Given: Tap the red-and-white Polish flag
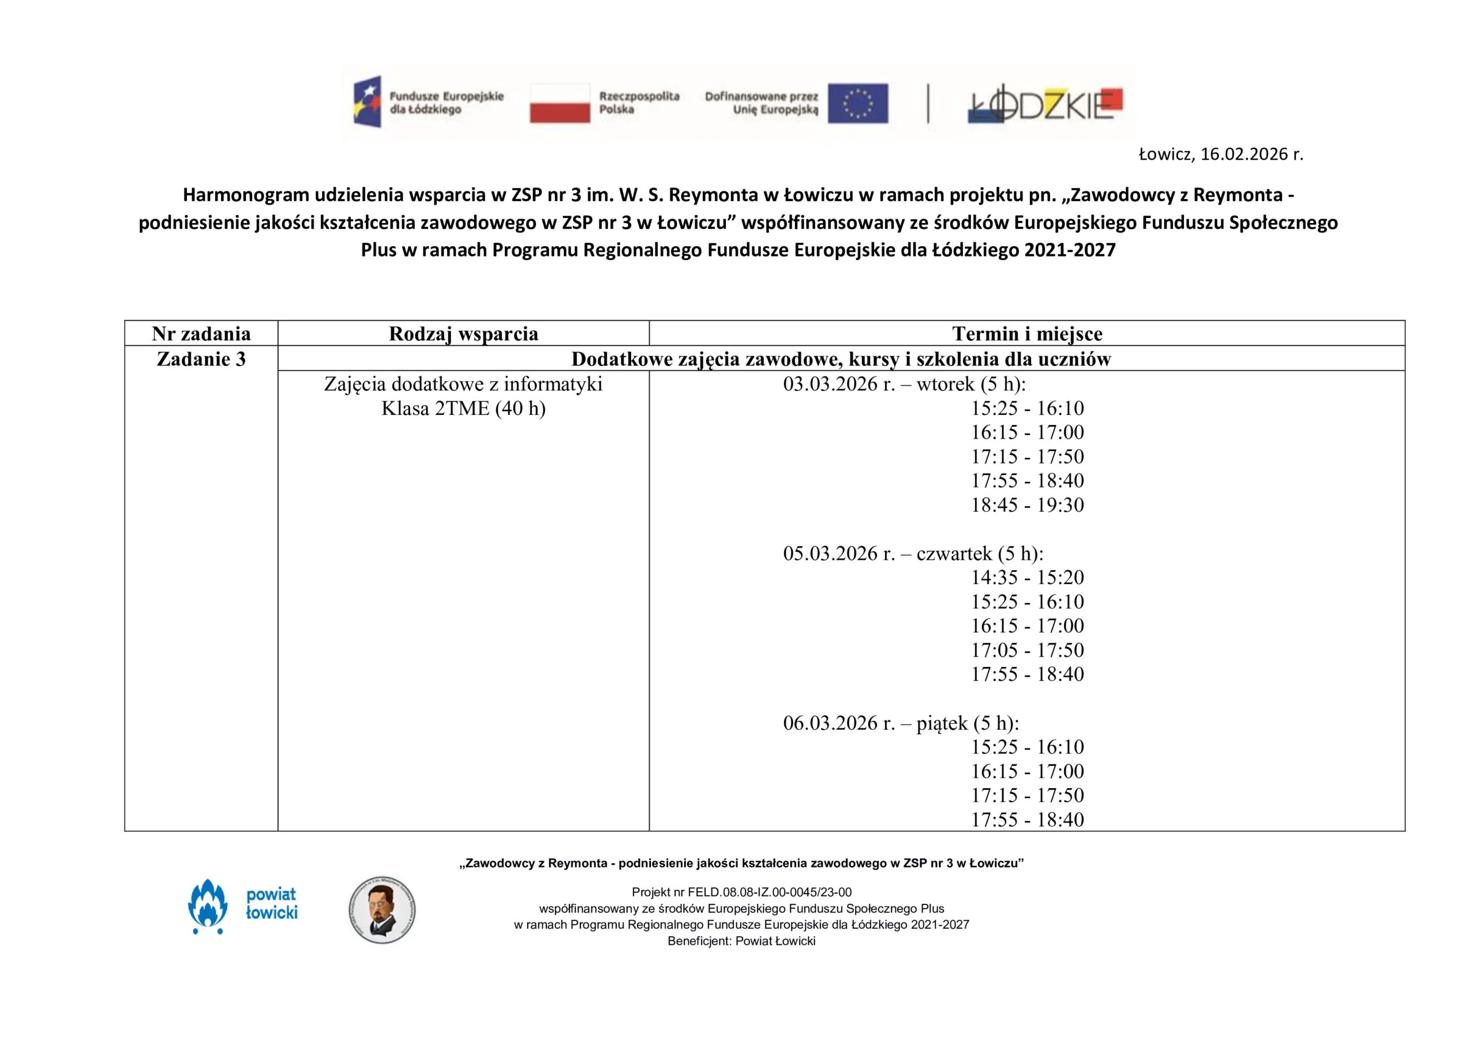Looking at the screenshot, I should pos(560,103).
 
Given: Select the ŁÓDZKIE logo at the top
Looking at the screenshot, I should pos(1045,104).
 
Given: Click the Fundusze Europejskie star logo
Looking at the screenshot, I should pos(368,101).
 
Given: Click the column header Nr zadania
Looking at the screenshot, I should pos(201,334).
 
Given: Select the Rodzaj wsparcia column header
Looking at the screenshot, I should pos(463,334).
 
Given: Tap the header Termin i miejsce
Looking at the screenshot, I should pos(1027,334).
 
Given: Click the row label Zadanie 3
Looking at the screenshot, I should pos(201,359).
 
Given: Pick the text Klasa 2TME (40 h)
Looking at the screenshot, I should pos(463,408).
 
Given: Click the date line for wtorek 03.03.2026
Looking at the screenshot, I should pos(904,384).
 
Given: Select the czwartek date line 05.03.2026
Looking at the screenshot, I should pos(913,553).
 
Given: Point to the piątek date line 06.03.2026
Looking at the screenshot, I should pos(901,723).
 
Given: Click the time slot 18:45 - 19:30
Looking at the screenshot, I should pos(1028,504).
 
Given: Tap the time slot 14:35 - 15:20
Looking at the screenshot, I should pos(1028,577).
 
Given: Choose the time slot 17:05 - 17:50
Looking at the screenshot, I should pos(1028,650).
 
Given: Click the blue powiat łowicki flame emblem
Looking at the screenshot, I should pos(208,906).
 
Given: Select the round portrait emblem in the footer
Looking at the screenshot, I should pos(382,910).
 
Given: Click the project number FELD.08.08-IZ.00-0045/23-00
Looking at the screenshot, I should pos(770,892).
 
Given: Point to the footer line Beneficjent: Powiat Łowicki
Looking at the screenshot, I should pos(741,941).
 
